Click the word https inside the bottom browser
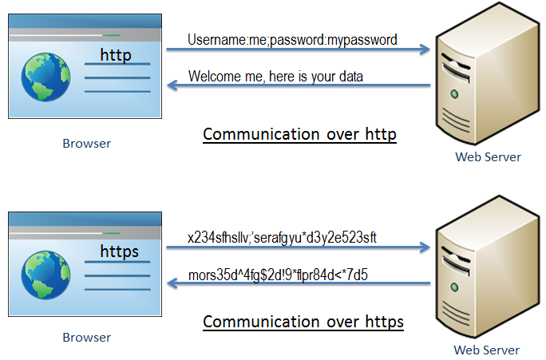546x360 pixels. point(119,251)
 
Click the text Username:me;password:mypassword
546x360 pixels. point(292,39)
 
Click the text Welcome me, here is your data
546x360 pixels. point(275,77)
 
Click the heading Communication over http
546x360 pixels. point(299,134)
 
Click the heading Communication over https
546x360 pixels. point(303,322)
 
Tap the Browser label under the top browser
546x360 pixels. point(86,144)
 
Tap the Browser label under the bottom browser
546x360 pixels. point(86,338)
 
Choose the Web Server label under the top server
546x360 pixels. point(488,156)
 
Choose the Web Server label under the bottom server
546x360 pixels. point(486,350)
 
